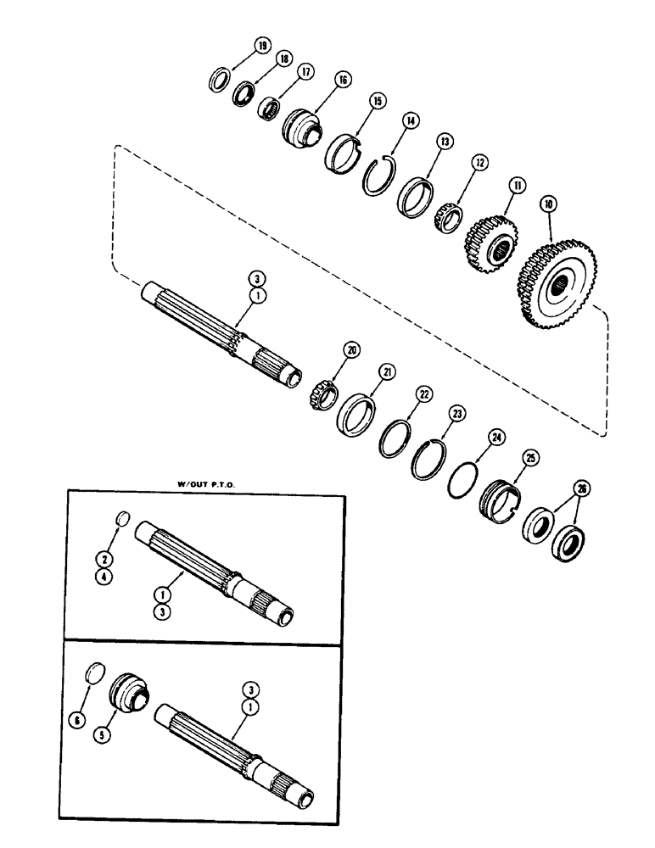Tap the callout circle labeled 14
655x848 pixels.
point(411,120)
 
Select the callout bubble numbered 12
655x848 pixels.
point(479,161)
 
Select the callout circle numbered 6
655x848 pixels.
point(76,720)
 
